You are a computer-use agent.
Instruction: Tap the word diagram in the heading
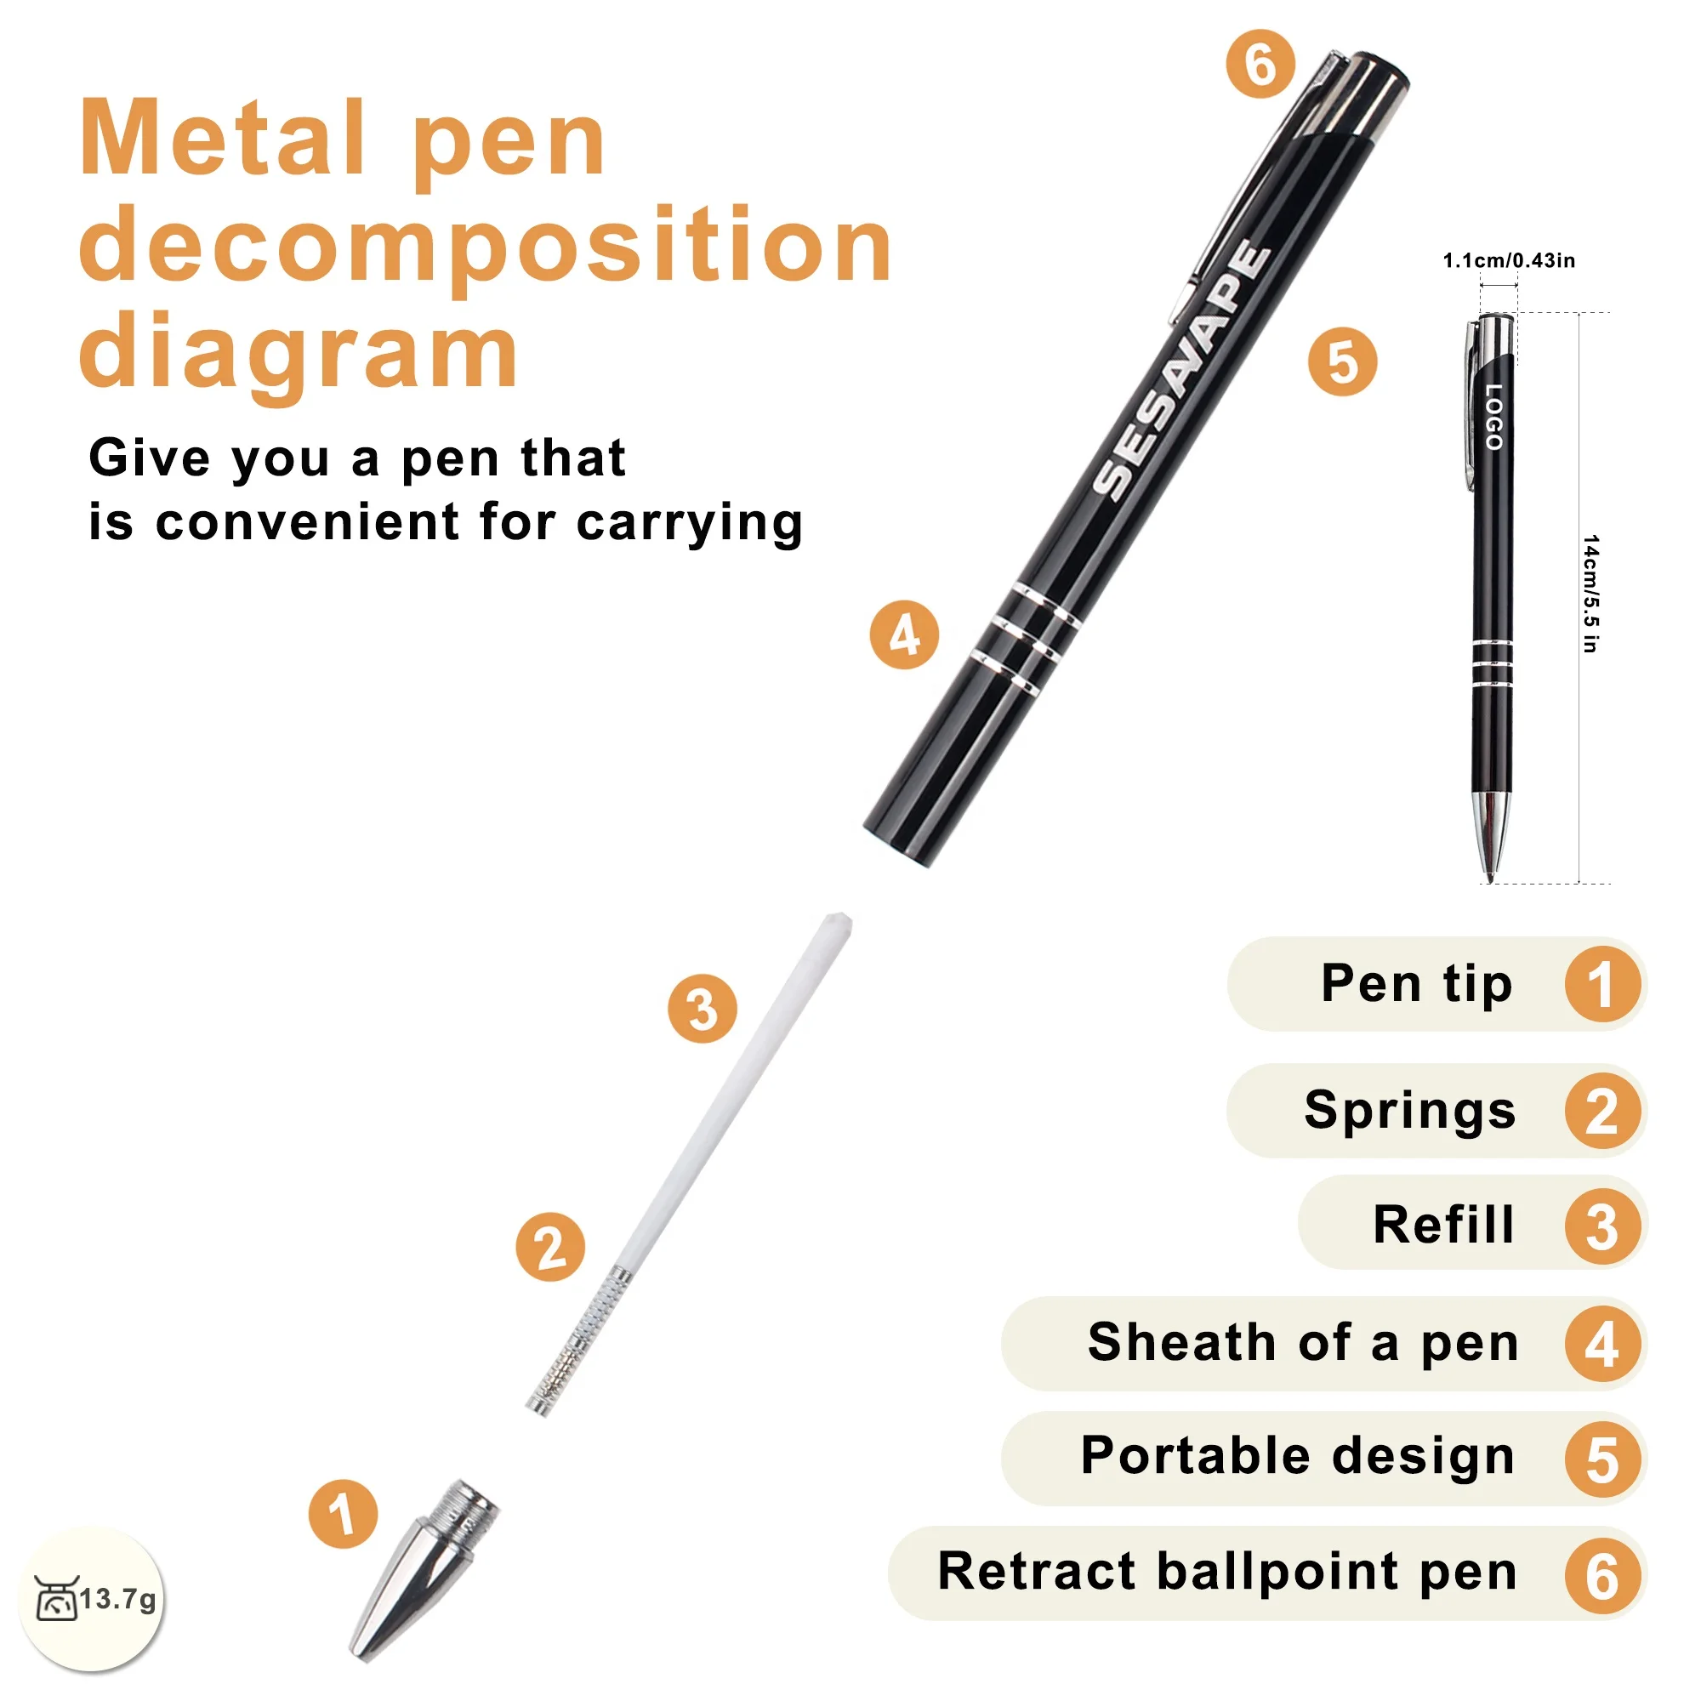point(299,351)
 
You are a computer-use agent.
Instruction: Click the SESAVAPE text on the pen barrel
point(1181,371)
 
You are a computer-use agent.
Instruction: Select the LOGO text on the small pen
point(1493,417)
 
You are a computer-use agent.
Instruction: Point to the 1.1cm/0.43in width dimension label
point(1508,260)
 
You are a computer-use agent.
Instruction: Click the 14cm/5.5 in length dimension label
point(1590,594)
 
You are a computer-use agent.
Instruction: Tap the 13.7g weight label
point(118,1598)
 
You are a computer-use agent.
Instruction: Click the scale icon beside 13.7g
point(56,1598)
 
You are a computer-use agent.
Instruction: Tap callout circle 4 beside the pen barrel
point(904,634)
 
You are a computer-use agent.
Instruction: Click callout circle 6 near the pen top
point(1260,65)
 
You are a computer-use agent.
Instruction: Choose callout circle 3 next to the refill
point(702,1009)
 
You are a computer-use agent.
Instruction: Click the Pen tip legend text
point(1416,983)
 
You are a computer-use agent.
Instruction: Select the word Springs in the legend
point(1409,1110)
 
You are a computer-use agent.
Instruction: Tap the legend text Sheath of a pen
point(1303,1343)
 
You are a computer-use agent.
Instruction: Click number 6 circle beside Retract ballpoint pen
point(1601,1577)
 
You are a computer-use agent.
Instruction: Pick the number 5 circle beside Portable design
point(1601,1459)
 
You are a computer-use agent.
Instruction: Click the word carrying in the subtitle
point(690,523)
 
